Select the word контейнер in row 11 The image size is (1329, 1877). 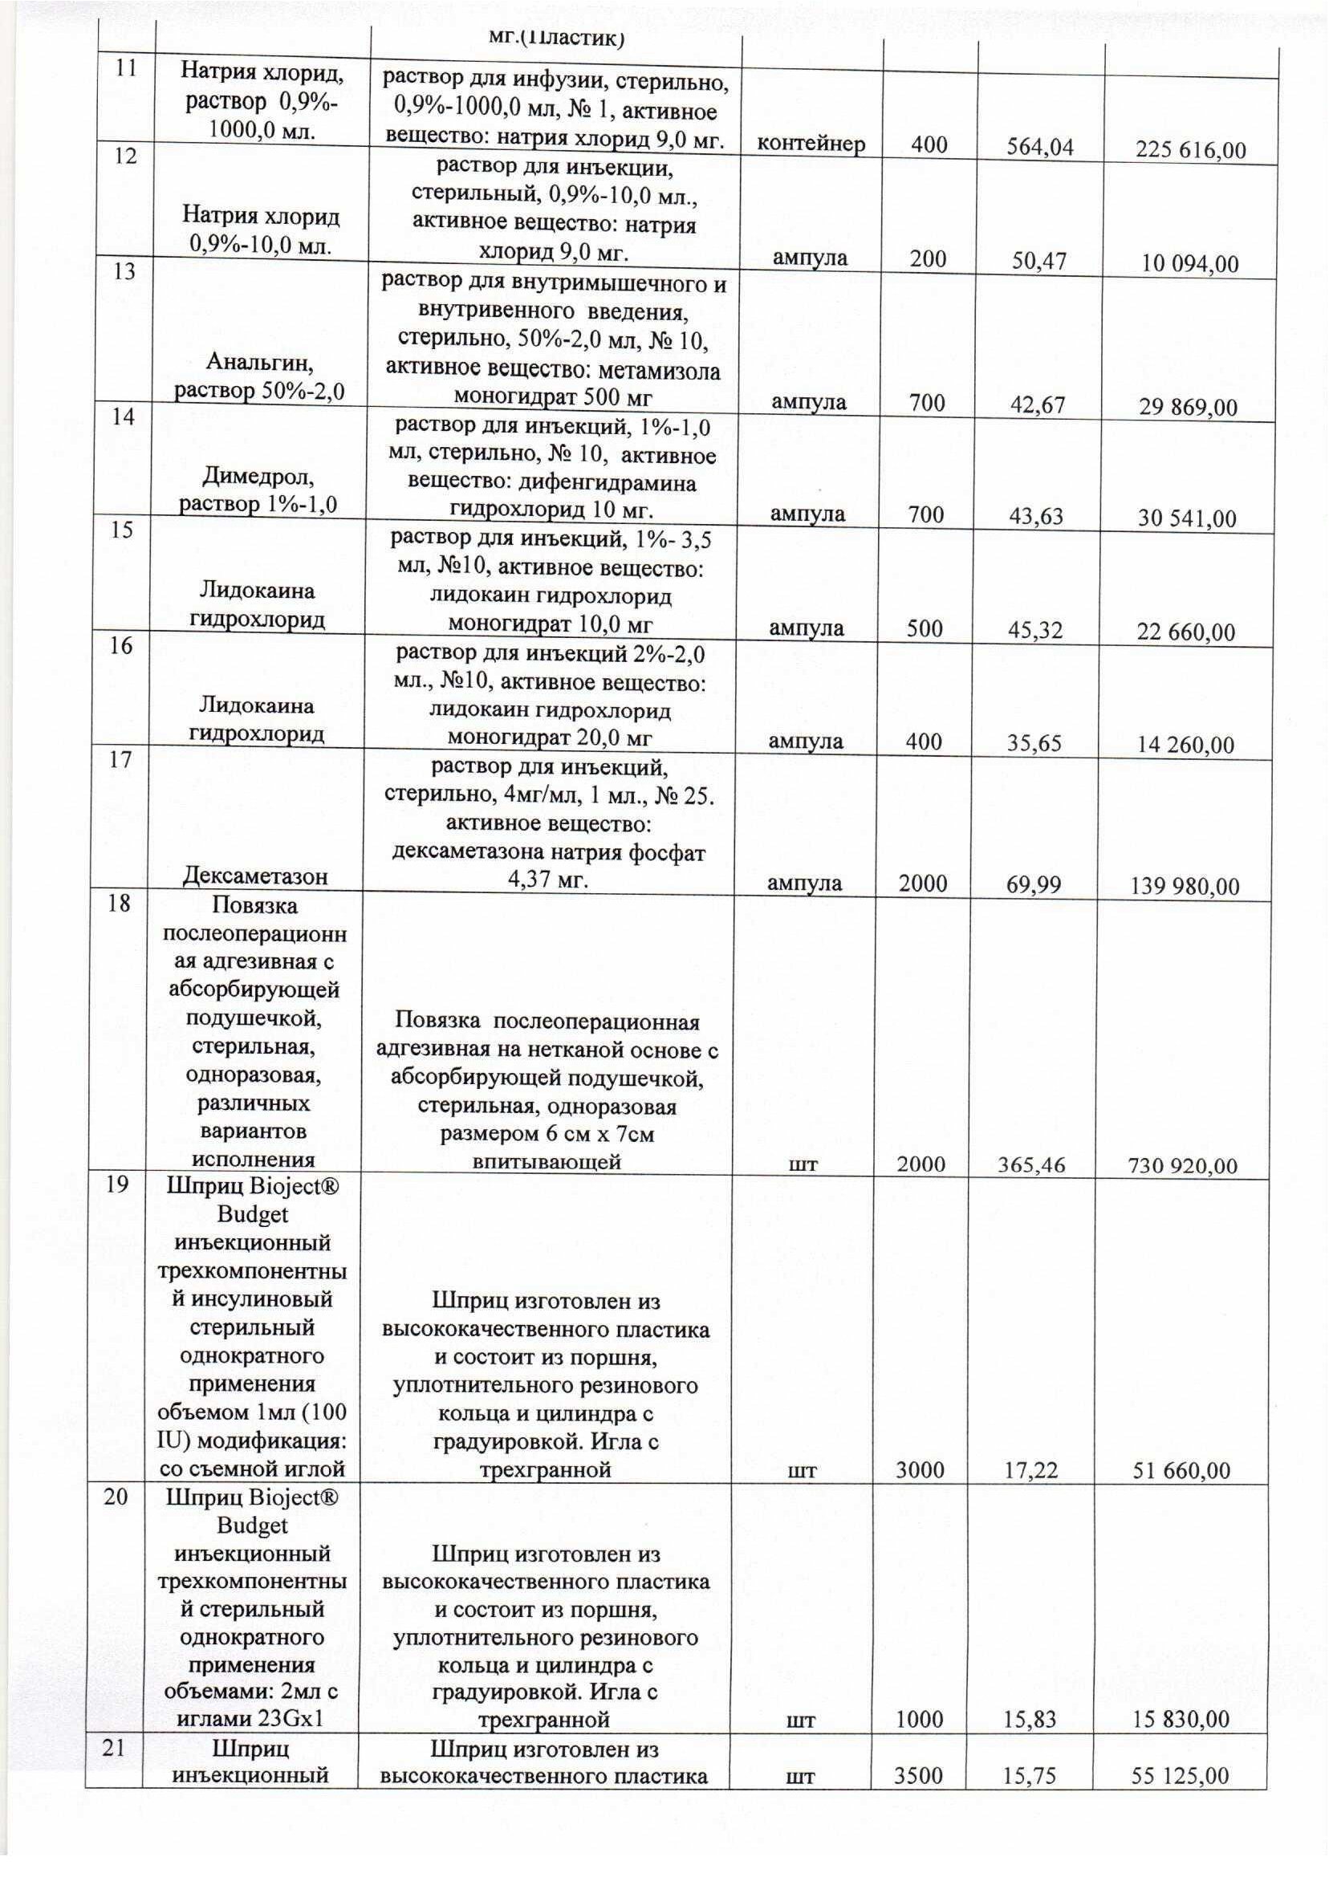point(811,144)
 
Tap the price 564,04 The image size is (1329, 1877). point(1040,148)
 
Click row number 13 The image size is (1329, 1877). point(124,270)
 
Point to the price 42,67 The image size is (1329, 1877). point(1038,405)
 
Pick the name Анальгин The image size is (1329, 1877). point(259,362)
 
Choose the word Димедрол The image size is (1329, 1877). point(259,475)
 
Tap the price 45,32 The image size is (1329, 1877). point(1035,630)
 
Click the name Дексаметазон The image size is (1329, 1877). point(254,876)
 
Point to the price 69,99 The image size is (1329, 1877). point(1034,884)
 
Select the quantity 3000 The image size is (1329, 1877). point(920,1470)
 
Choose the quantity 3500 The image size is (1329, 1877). point(917,1776)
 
